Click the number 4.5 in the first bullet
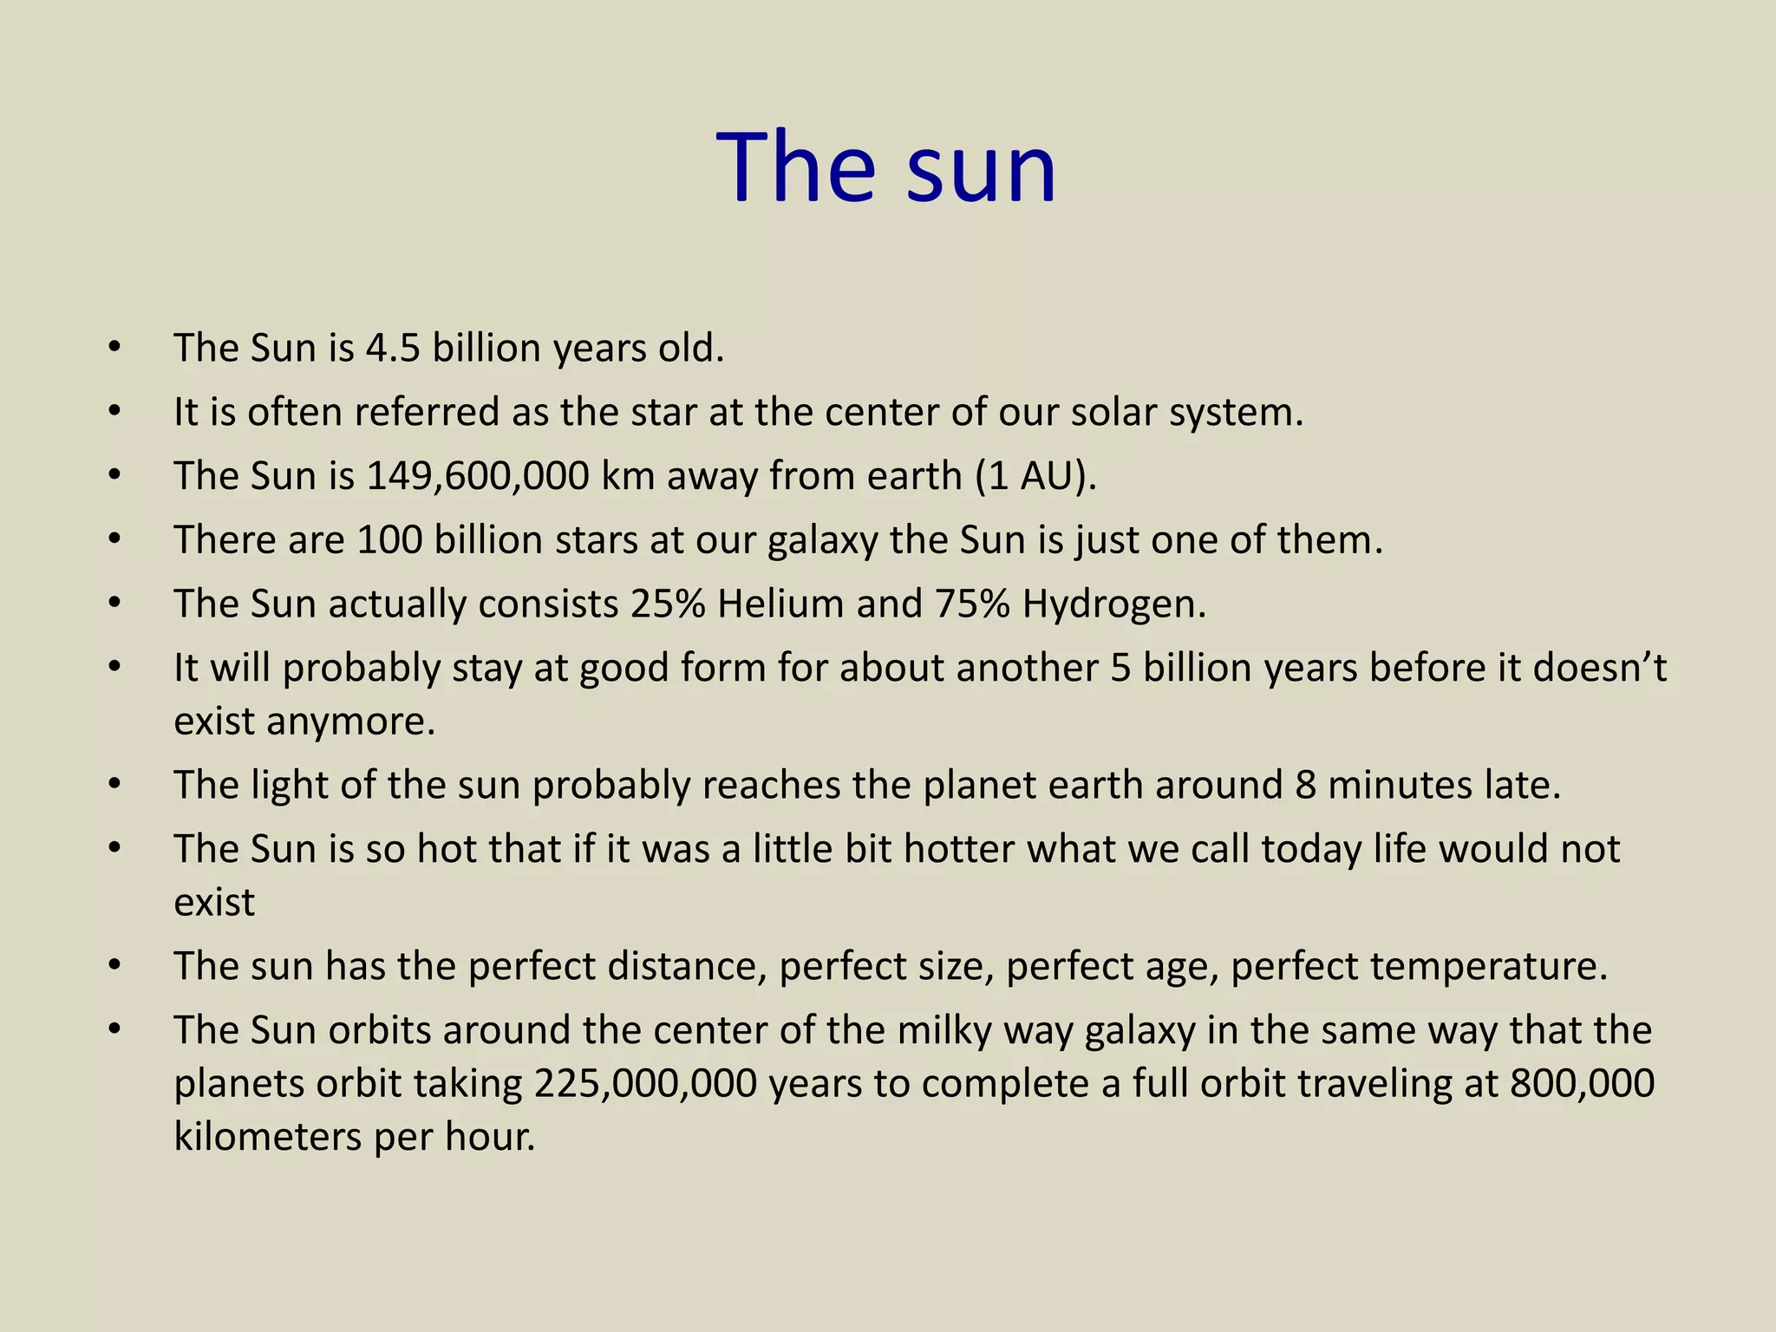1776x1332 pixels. point(393,348)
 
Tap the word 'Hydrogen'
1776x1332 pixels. point(1113,604)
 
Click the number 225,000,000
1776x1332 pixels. point(645,1084)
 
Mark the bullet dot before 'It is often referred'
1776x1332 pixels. point(114,412)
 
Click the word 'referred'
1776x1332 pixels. point(427,412)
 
